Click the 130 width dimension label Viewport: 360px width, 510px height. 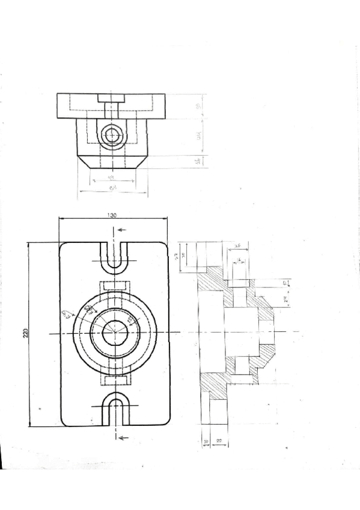pos(112,216)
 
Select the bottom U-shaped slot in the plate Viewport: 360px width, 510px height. pos(114,410)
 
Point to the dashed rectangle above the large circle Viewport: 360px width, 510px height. pos(114,285)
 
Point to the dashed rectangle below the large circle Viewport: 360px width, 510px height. pos(114,381)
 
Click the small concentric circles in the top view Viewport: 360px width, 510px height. pos(111,135)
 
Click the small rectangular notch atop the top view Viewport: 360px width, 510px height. pos(111,98)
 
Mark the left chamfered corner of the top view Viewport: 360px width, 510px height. pos(85,162)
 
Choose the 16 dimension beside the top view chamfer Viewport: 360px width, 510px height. pos(199,161)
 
